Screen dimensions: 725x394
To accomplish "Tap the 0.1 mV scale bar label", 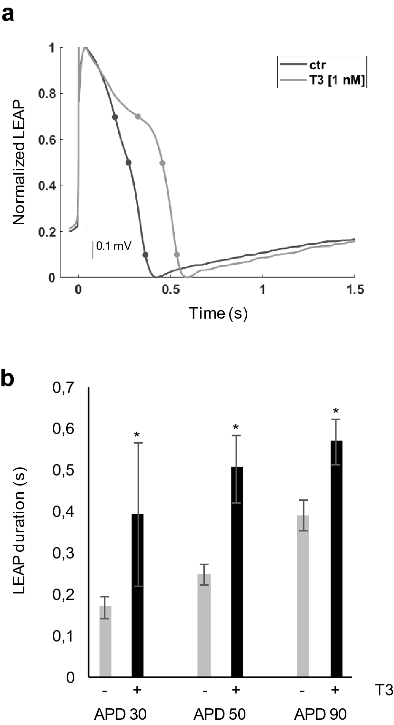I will (x=114, y=246).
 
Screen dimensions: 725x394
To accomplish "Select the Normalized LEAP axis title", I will (x=20, y=162).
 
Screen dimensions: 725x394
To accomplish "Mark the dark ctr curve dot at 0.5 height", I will (x=128, y=163).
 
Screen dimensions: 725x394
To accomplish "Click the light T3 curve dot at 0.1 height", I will (x=177, y=255).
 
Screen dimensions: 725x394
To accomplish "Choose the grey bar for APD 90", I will (x=303, y=596).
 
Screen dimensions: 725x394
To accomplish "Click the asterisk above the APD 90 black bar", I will (x=336, y=411).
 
